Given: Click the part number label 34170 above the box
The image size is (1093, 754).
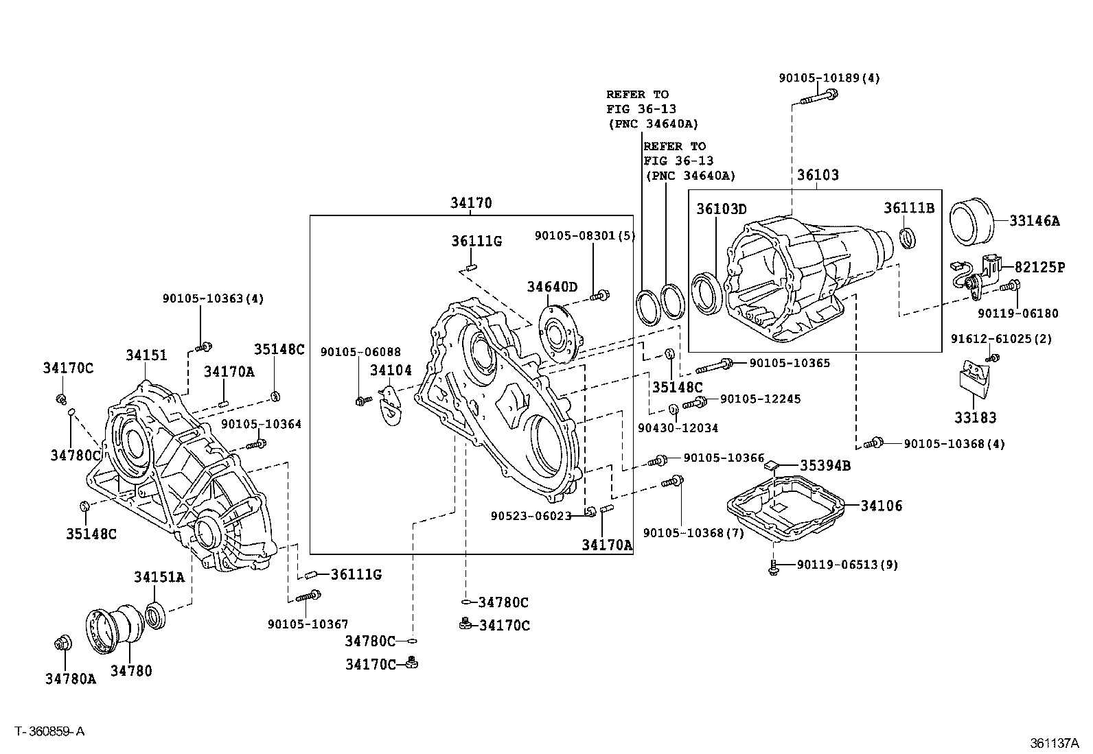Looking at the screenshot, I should (471, 203).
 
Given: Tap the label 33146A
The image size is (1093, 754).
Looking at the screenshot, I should (1035, 221).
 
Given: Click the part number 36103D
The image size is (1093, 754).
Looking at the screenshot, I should (722, 209).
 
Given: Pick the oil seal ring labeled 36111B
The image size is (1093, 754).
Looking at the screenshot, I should (908, 237).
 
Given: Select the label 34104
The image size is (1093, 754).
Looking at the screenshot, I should (390, 370).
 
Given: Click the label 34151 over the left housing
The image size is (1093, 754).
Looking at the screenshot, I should (146, 355).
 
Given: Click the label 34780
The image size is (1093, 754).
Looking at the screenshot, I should (131, 670).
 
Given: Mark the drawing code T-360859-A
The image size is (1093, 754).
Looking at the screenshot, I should (49, 731).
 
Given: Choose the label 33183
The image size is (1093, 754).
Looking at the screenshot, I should (975, 417).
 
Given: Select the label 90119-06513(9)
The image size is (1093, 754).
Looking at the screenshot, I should (847, 565).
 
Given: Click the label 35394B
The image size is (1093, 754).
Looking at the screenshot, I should (825, 466).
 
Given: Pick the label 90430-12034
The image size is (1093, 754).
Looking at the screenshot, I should (678, 428).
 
